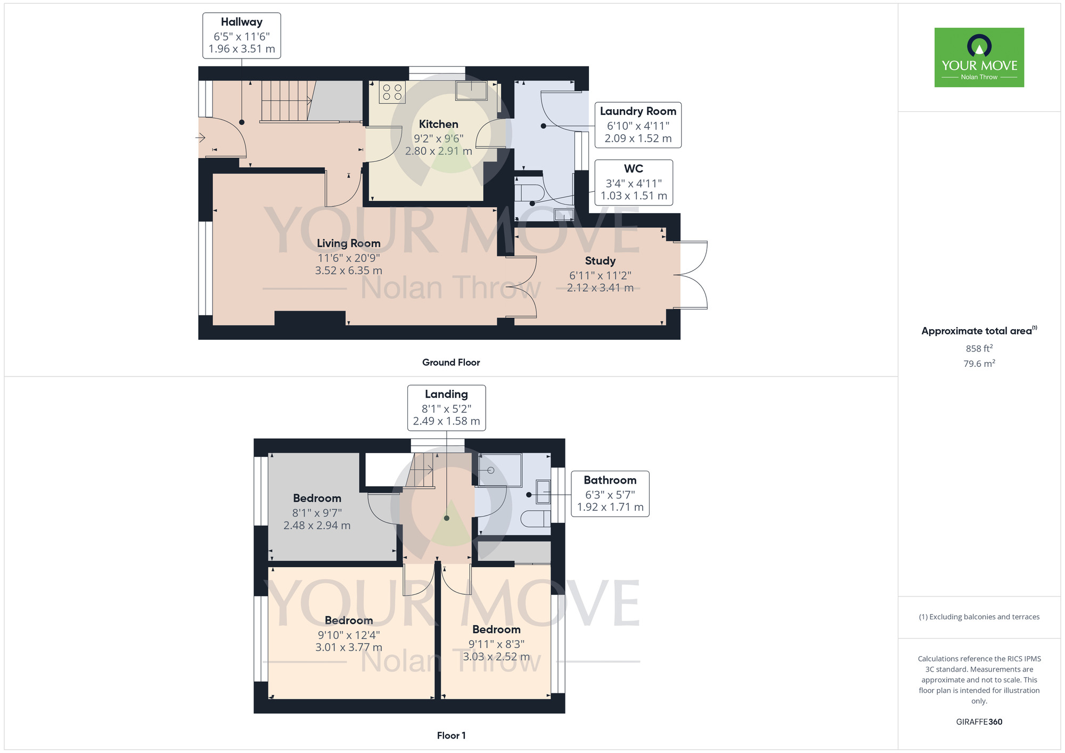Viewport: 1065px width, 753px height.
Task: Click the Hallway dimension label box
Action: pyautogui.click(x=242, y=36)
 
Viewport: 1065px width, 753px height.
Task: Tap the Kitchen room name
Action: pyautogui.click(x=438, y=124)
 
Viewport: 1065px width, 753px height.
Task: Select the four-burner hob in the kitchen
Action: pyautogui.click(x=392, y=92)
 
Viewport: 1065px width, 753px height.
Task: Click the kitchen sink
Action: pyautogui.click(x=471, y=91)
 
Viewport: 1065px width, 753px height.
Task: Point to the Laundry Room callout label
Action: pyautogui.click(x=638, y=125)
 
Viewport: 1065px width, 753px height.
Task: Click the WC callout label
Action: pyautogui.click(x=634, y=183)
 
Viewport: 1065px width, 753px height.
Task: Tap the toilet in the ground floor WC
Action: pyautogui.click(x=529, y=192)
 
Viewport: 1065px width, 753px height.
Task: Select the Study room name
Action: pyautogui.click(x=600, y=261)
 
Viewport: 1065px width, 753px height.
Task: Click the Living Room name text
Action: pyautogui.click(x=349, y=243)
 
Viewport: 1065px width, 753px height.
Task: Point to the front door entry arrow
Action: pyautogui.click(x=200, y=138)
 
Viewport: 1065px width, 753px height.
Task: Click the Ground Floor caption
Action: pyautogui.click(x=451, y=362)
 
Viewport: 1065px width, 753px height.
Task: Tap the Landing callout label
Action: pyautogui.click(x=446, y=408)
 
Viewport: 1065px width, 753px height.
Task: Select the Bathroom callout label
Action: pyautogui.click(x=610, y=494)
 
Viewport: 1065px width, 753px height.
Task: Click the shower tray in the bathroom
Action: pyautogui.click(x=500, y=470)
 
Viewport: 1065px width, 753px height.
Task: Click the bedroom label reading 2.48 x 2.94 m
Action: pyautogui.click(x=317, y=526)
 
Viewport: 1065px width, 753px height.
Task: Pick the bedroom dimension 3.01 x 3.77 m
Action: pyautogui.click(x=349, y=648)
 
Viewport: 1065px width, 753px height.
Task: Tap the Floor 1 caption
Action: pyautogui.click(x=451, y=735)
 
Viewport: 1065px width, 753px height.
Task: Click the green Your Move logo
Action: pyautogui.click(x=979, y=58)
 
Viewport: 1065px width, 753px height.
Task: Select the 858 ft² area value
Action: pyautogui.click(x=979, y=348)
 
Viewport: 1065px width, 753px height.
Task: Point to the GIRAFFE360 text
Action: pyautogui.click(x=979, y=722)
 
